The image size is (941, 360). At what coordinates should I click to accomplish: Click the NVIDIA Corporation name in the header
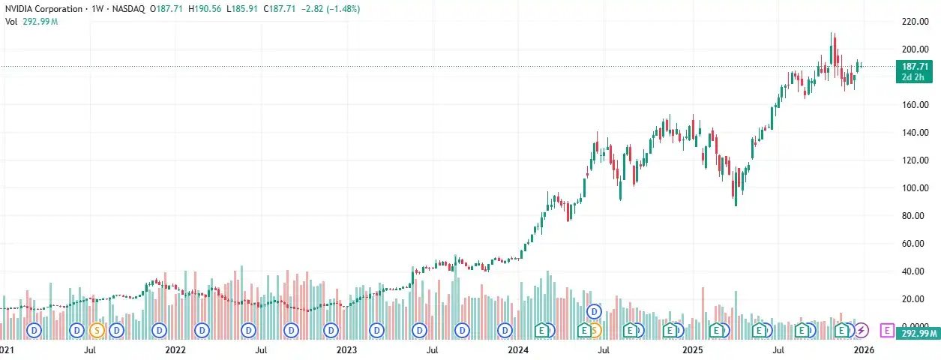[44, 9]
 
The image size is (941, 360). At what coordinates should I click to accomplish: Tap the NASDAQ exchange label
[130, 9]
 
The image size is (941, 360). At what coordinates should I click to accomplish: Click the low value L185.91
[244, 9]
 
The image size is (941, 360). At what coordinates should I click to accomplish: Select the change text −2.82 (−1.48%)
[329, 9]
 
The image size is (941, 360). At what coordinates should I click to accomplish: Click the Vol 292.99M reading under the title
[31, 22]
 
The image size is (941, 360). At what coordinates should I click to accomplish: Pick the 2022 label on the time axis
[175, 349]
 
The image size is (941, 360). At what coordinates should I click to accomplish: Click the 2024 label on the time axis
[519, 349]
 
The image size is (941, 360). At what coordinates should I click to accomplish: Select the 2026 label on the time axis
[864, 349]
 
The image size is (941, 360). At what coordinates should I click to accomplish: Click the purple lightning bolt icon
[862, 329]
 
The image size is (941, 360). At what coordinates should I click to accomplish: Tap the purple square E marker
[888, 329]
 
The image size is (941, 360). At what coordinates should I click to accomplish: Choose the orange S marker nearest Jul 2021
[97, 329]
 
